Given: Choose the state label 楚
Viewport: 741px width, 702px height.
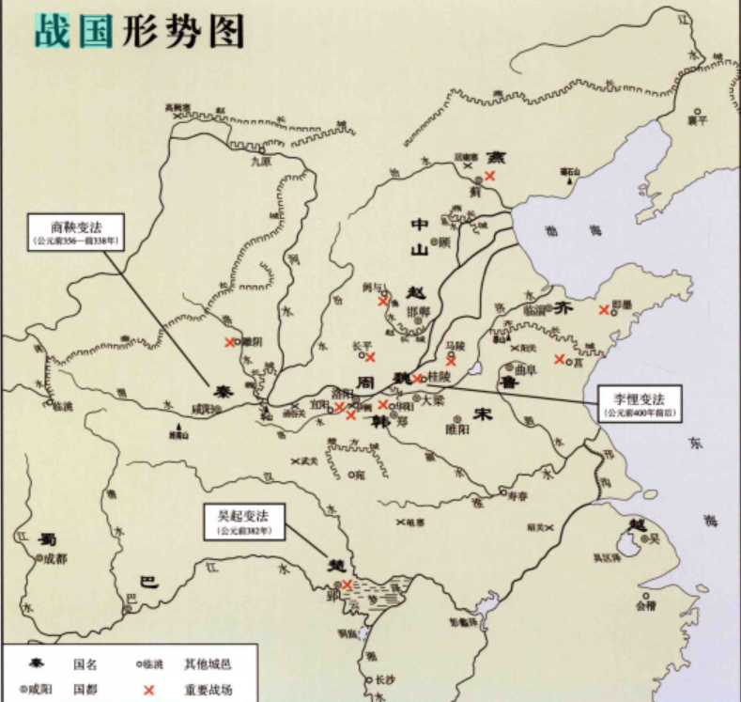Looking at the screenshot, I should [336, 567].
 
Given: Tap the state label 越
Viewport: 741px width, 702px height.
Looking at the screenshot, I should [638, 525].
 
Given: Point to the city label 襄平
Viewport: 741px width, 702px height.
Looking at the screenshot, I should [696, 118].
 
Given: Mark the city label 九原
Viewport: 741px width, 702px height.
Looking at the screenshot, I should [259, 161].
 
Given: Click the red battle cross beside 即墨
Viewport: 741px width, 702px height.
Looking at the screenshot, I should [604, 310].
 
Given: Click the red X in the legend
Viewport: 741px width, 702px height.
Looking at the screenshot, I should [147, 690].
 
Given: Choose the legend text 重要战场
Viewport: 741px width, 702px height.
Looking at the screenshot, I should [208, 690].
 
